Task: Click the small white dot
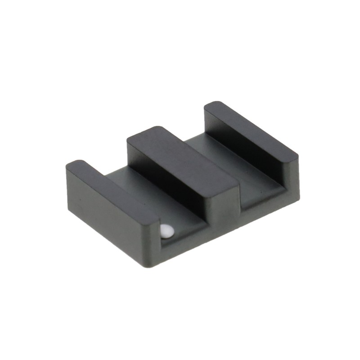point(167,231)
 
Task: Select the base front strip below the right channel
point(265,205)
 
